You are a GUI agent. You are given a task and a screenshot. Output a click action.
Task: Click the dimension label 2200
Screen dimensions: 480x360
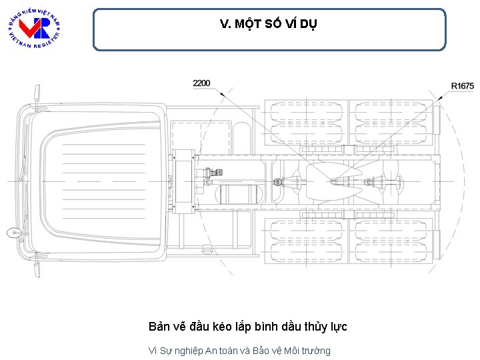pyautogui.click(x=201, y=83)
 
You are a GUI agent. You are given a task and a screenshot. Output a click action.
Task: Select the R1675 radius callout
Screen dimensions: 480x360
pyautogui.click(x=462, y=86)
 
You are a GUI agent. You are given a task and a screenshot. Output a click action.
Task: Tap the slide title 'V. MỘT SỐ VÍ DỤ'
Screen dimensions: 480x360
pyautogui.click(x=269, y=25)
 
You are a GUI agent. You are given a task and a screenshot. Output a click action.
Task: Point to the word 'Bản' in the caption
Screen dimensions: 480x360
pyautogui.click(x=160, y=327)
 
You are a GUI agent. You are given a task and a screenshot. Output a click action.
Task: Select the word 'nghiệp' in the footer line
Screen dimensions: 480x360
pyautogui.click(x=187, y=351)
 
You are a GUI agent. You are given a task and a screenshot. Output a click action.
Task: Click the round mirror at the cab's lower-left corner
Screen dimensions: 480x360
pyautogui.click(x=13, y=233)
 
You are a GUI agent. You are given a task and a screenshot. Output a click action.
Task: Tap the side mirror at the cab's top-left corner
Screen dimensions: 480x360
pyautogui.click(x=37, y=93)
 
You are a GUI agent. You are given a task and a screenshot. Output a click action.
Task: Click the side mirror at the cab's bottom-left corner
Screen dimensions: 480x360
pyautogui.click(x=37, y=269)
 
